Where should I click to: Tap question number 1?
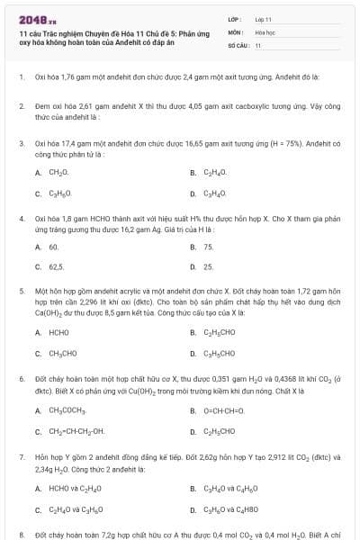pyautogui.click(x=22, y=76)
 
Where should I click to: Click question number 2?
pyautogui.click(x=22, y=106)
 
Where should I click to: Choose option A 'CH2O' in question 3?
pyautogui.click(x=58, y=172)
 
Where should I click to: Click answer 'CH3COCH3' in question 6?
pyautogui.click(x=67, y=410)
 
